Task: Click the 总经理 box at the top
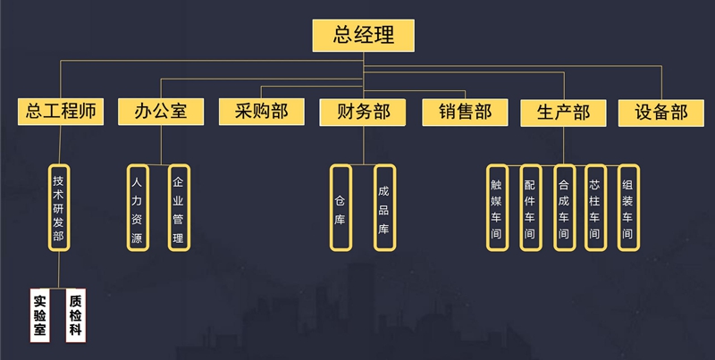tap(364, 36)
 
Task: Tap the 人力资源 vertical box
tap(137, 207)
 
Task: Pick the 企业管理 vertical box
tap(178, 207)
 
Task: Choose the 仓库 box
tap(340, 207)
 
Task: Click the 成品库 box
tap(383, 207)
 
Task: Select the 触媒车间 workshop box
tap(497, 207)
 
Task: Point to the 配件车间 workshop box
tap(530, 207)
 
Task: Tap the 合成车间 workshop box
tap(563, 207)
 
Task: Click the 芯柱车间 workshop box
tap(595, 207)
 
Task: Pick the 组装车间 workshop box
tap(628, 207)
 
